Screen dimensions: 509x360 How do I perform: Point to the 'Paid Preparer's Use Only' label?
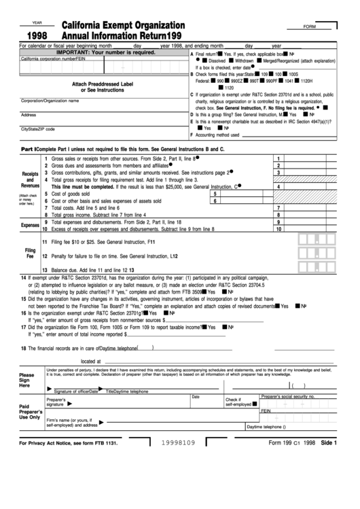click(30, 411)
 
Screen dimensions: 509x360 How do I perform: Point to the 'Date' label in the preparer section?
click(196, 396)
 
